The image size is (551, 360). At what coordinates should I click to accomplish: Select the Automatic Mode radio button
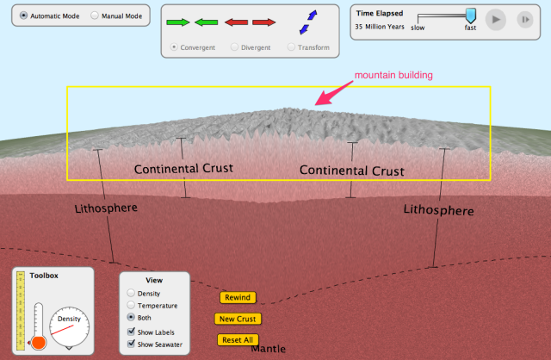coord(23,16)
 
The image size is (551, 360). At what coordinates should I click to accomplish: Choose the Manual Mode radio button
coord(95,16)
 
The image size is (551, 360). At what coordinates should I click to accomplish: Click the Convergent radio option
coord(176,47)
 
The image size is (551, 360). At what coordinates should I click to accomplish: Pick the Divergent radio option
coord(234,47)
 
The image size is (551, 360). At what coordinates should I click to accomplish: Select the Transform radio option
coord(292,47)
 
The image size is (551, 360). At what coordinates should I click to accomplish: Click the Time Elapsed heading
coord(380,14)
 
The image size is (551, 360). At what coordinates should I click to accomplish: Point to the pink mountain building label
coord(393,75)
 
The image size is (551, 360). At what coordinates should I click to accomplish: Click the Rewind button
coord(238,297)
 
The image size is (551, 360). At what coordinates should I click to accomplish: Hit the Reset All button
coord(238,339)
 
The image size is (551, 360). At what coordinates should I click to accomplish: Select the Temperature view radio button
coord(131,306)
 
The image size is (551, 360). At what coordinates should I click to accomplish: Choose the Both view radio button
coord(131,318)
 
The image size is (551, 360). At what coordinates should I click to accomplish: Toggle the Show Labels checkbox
coord(131,332)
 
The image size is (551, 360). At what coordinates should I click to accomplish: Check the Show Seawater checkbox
coord(131,344)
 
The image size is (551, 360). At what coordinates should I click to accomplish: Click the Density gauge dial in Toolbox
coord(69,326)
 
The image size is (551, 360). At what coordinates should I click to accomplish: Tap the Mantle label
coord(268,350)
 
